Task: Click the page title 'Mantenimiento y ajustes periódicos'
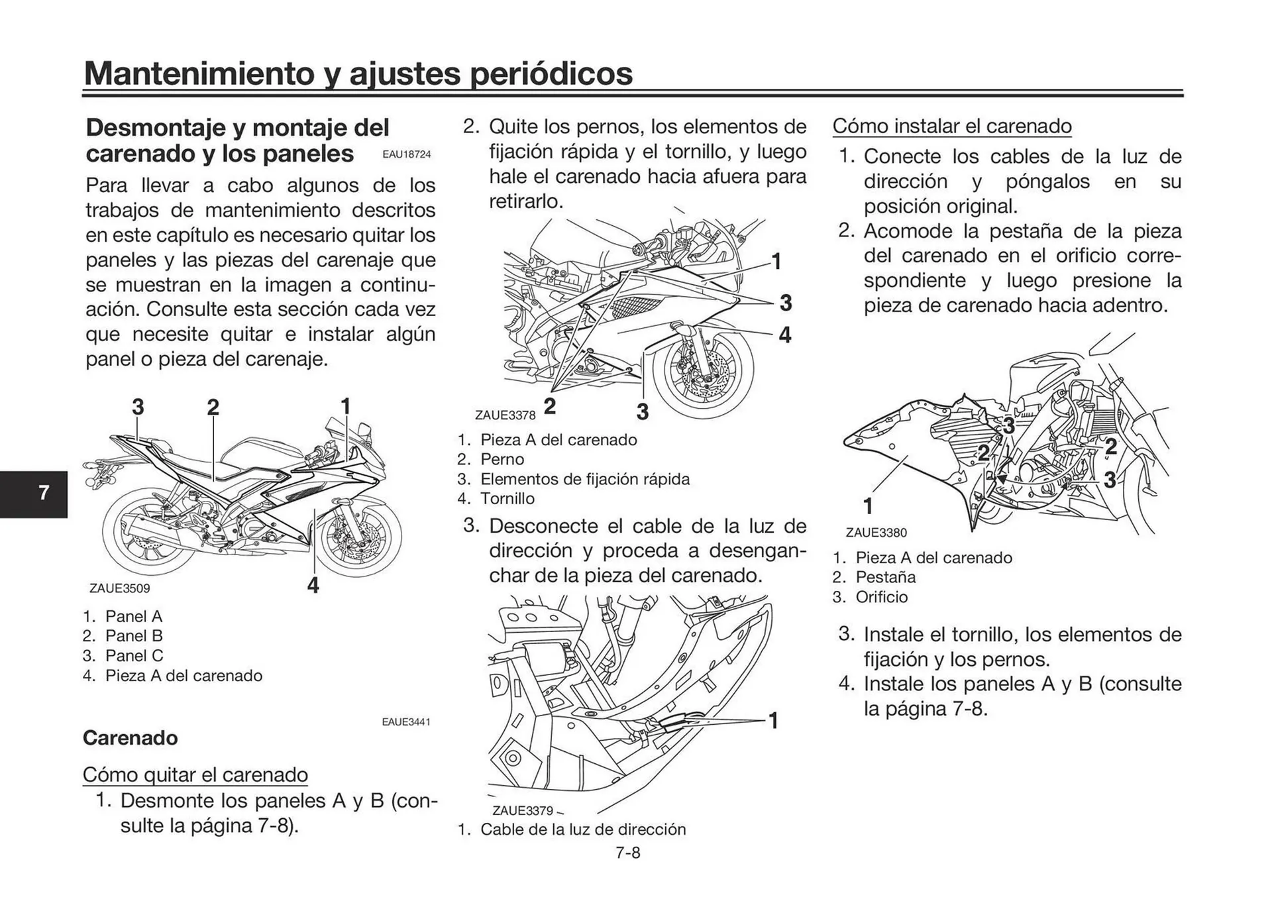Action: [x=358, y=73]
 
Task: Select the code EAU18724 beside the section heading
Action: [x=406, y=154]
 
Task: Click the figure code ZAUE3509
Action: [x=119, y=588]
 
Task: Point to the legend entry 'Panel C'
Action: [x=133, y=656]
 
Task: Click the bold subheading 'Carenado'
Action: [x=130, y=738]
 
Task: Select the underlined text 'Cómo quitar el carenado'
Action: [x=195, y=774]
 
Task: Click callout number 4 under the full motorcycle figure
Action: [x=313, y=584]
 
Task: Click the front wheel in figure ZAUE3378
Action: [x=704, y=376]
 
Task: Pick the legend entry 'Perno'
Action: [x=502, y=460]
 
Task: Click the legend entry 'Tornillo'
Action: [x=507, y=499]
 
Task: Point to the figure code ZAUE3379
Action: [x=522, y=811]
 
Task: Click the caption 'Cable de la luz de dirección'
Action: [x=582, y=829]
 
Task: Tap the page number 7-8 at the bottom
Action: [x=627, y=853]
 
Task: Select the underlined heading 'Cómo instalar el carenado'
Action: [x=951, y=126]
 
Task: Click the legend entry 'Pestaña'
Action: [x=885, y=578]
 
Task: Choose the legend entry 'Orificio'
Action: [x=881, y=598]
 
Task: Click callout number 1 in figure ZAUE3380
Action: [x=868, y=506]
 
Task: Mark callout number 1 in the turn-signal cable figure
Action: [x=772, y=720]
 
